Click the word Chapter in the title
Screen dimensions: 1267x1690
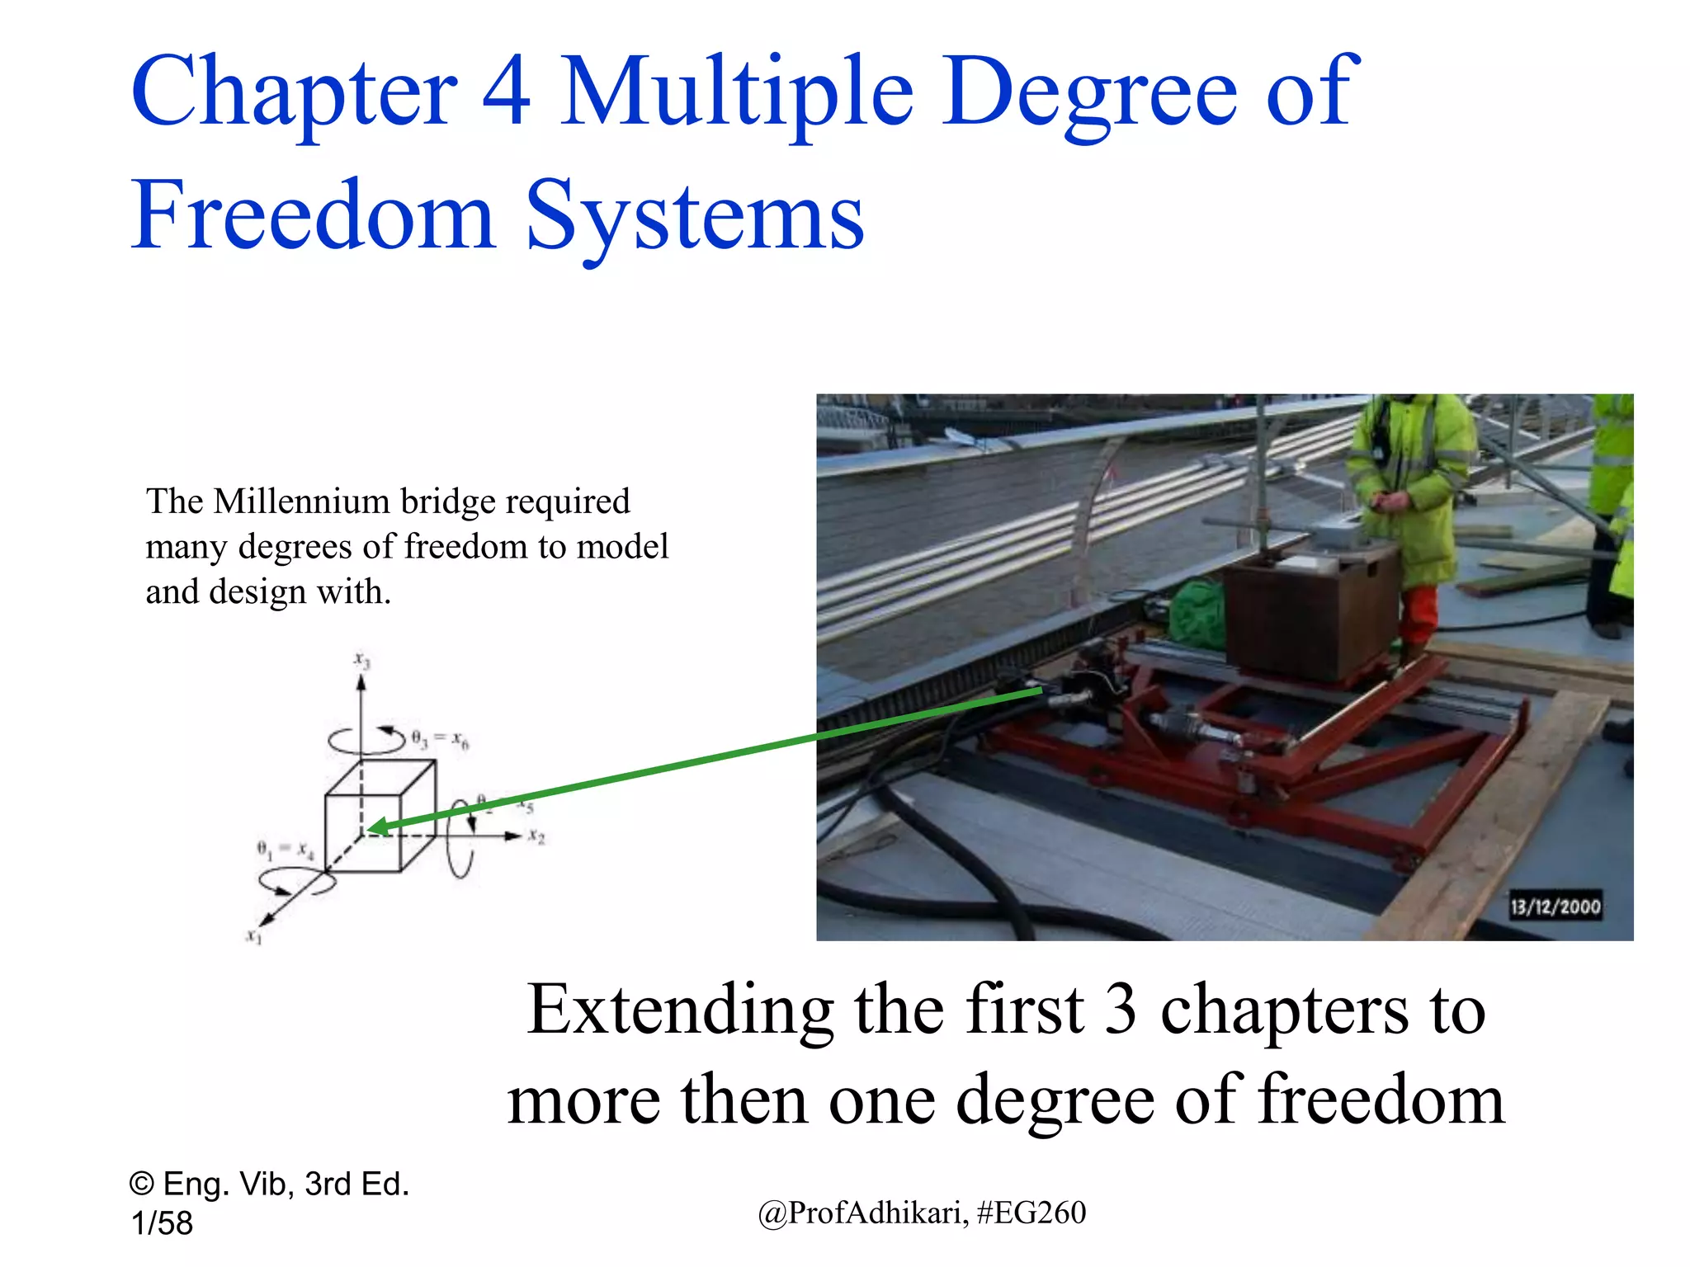pyautogui.click(x=293, y=92)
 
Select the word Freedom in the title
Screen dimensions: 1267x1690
pyautogui.click(x=313, y=216)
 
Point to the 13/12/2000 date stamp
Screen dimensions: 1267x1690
pyautogui.click(x=1555, y=907)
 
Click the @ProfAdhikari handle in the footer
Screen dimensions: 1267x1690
pyautogui.click(x=862, y=1213)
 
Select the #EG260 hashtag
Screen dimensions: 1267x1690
pyautogui.click(x=1031, y=1213)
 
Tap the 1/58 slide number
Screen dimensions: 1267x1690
pyautogui.click(x=162, y=1223)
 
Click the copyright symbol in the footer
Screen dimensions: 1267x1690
pyautogui.click(x=141, y=1185)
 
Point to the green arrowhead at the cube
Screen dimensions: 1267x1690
pyautogui.click(x=376, y=827)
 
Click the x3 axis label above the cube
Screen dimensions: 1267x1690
pyautogui.click(x=362, y=660)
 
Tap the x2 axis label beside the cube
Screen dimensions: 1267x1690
pyautogui.click(x=536, y=836)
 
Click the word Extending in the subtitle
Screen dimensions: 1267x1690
pyautogui.click(x=681, y=1010)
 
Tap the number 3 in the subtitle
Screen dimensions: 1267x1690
pyautogui.click(x=1120, y=1010)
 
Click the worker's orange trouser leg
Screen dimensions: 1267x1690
pyautogui.click(x=1418, y=615)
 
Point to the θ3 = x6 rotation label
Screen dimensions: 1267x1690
pyautogui.click(x=440, y=738)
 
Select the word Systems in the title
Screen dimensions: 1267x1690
pyautogui.click(x=695, y=216)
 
